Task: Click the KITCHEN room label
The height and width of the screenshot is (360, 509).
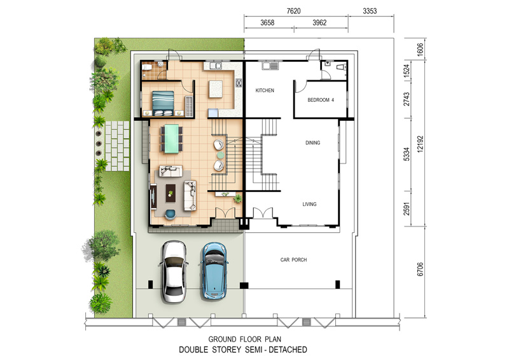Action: pyautogui.click(x=265, y=90)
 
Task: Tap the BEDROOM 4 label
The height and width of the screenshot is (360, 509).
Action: pyautogui.click(x=321, y=100)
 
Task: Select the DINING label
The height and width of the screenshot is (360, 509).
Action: pyautogui.click(x=312, y=142)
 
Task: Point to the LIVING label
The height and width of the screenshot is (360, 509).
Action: pyautogui.click(x=309, y=204)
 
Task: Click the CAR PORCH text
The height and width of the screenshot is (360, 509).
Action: pyautogui.click(x=293, y=260)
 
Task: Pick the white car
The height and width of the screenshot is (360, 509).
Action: pyautogui.click(x=174, y=272)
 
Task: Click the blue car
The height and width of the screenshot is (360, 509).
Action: pyautogui.click(x=214, y=270)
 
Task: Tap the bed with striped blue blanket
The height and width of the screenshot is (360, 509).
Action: pyautogui.click(x=163, y=103)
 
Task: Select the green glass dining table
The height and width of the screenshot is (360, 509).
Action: pyautogui.click(x=171, y=138)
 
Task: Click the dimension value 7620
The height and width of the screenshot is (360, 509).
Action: pyautogui.click(x=293, y=11)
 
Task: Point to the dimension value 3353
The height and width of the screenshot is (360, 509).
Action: pyautogui.click(x=370, y=11)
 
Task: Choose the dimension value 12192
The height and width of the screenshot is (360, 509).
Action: pyautogui.click(x=421, y=144)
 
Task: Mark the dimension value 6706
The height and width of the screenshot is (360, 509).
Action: pyautogui.click(x=421, y=269)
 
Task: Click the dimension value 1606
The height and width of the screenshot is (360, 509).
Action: pyautogui.click(x=421, y=50)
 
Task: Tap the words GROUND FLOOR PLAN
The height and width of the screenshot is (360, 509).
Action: pyautogui.click(x=245, y=339)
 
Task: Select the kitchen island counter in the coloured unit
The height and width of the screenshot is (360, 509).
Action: pyautogui.click(x=216, y=89)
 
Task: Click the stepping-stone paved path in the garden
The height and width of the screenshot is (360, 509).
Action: pyautogui.click(x=117, y=146)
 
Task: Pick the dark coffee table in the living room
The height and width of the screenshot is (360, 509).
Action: pyautogui.click(x=171, y=193)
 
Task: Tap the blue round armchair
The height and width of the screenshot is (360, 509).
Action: pyautogui.click(x=170, y=214)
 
